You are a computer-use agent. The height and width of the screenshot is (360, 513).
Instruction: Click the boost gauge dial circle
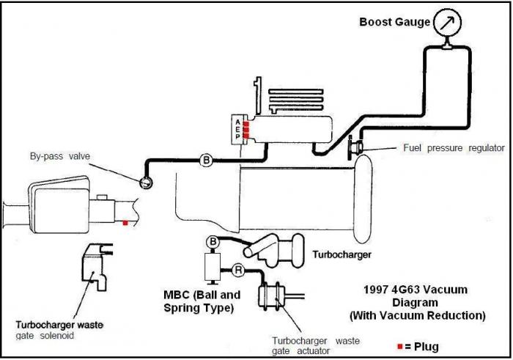tap(447, 22)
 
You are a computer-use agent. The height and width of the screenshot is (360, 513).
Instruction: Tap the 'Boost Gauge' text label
tap(394, 22)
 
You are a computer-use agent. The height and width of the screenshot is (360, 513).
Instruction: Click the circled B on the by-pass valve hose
tap(206, 161)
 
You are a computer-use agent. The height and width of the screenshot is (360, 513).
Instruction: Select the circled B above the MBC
tap(213, 242)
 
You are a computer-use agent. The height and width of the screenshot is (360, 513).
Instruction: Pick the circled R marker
tap(238, 271)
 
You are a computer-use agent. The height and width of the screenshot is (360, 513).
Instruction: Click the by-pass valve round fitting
tap(146, 183)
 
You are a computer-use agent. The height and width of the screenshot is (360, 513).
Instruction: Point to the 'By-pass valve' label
tap(60, 156)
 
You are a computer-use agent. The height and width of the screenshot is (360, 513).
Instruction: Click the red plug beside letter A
tap(246, 124)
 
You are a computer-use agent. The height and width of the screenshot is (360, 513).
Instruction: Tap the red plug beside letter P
tap(246, 136)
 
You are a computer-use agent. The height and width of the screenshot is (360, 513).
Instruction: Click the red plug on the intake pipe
tap(125, 223)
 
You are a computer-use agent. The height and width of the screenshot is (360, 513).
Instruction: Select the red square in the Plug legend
tap(400, 346)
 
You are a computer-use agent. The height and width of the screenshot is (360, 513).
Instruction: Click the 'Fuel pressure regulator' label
tap(454, 148)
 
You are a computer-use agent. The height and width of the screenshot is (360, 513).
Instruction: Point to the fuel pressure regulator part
tap(355, 147)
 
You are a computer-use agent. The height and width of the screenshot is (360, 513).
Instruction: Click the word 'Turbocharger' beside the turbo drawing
tap(342, 254)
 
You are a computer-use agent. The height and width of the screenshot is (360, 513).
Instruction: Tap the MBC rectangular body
tap(213, 267)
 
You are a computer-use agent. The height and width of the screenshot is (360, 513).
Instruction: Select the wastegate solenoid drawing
tap(97, 267)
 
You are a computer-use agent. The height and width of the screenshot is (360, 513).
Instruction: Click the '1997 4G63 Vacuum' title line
tap(416, 290)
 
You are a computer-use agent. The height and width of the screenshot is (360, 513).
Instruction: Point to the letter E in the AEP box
tap(238, 129)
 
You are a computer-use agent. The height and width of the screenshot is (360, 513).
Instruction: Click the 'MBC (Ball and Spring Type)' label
tap(202, 301)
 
